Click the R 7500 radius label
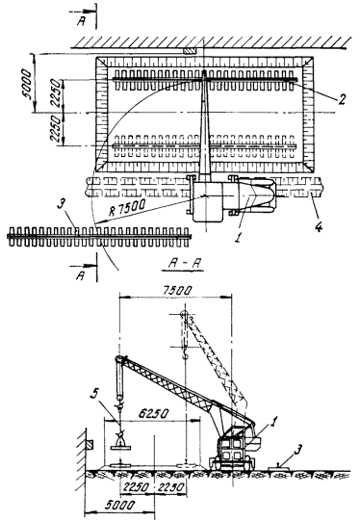click(x=127, y=208)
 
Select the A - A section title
click(x=183, y=265)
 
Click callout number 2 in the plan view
click(x=342, y=99)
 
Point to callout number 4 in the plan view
click(x=318, y=227)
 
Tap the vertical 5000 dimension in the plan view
click(x=27, y=85)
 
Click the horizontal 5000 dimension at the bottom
click(x=119, y=505)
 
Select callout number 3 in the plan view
click(x=60, y=204)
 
